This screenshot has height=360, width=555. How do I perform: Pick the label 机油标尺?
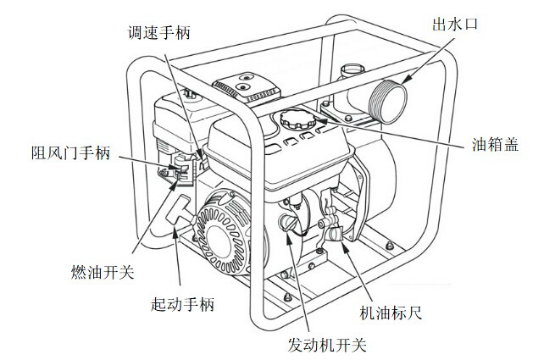coord(391,313)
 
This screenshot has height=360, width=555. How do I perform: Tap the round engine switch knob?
coord(289,224)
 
